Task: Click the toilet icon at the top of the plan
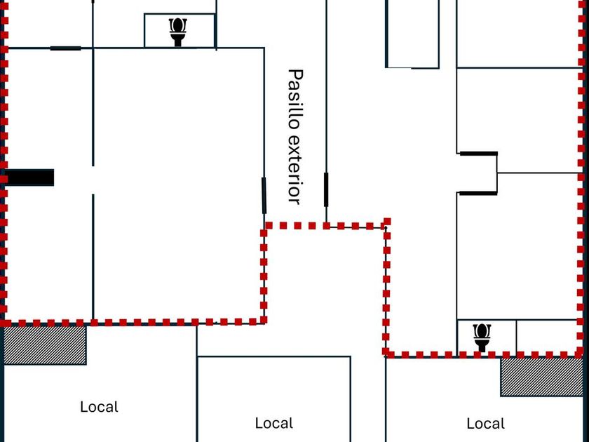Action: click(179, 31)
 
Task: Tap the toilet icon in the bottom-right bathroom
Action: click(482, 337)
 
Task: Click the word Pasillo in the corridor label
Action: click(295, 99)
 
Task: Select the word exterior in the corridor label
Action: click(294, 169)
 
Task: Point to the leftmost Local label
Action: click(99, 407)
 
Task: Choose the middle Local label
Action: click(273, 423)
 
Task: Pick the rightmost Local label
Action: click(485, 424)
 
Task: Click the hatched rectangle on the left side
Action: click(45, 345)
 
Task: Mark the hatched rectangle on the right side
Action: click(541, 377)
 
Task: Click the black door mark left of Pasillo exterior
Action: click(264, 196)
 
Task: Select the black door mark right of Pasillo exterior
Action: click(326, 189)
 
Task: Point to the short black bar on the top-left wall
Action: click(65, 48)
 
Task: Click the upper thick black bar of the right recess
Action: click(478, 153)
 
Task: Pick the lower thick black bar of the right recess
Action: click(478, 193)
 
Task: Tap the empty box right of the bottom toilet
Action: click(548, 336)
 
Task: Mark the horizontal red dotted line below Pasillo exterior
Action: click(326, 226)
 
